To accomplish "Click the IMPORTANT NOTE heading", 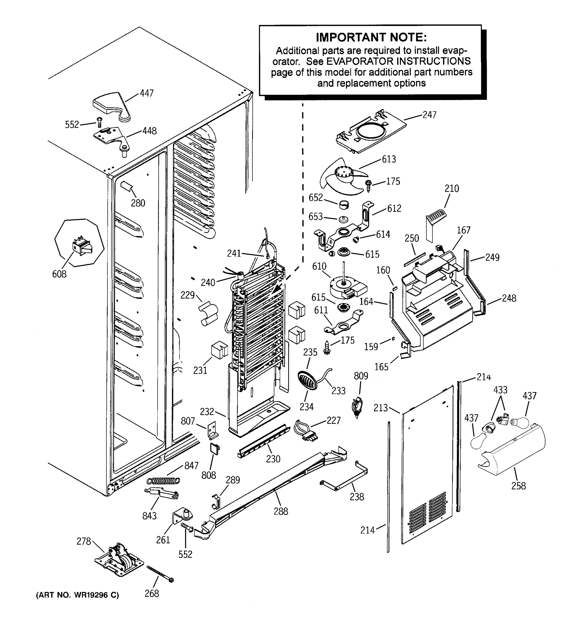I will (371, 37).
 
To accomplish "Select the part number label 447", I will (147, 93).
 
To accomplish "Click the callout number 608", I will (59, 274).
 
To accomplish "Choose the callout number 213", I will (381, 408).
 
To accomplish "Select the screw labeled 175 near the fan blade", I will (368, 186).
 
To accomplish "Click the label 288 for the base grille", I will (281, 511).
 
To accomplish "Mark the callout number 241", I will (234, 253).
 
